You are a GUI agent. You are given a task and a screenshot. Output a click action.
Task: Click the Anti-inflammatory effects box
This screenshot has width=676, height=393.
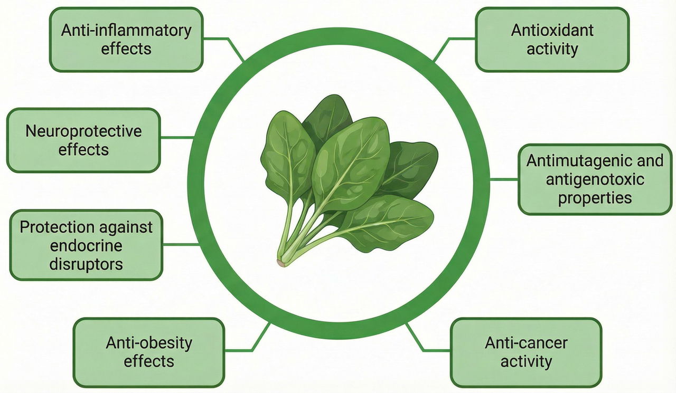(126, 40)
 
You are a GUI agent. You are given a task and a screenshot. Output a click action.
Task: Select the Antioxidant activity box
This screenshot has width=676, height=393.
(552, 40)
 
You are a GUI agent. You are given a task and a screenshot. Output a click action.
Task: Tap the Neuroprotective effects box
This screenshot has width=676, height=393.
(83, 140)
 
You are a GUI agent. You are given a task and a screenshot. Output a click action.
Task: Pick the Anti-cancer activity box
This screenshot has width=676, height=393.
(525, 352)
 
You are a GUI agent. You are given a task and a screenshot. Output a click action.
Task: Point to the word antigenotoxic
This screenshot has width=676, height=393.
(595, 179)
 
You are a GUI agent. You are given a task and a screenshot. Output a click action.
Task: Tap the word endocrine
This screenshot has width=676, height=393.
(86, 245)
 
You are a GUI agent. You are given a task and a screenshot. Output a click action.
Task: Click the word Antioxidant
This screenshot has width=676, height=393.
(552, 30)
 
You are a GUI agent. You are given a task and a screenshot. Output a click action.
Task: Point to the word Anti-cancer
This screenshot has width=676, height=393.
(525, 343)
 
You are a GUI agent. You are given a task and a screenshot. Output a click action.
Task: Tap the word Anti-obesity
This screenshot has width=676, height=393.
(148, 343)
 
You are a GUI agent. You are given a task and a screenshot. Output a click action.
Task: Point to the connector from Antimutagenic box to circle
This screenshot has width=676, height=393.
(504, 179)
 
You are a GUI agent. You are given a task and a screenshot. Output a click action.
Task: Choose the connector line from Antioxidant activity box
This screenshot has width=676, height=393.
(449, 44)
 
